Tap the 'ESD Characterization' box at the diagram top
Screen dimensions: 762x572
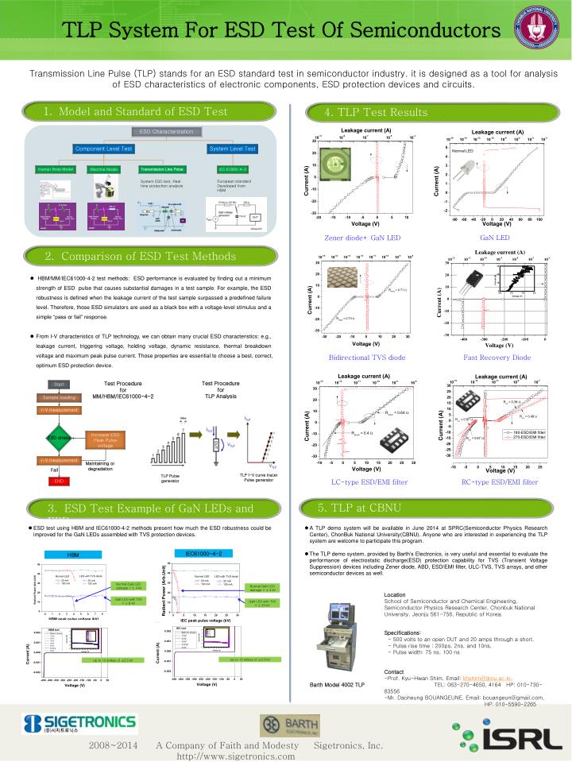coord(166,131)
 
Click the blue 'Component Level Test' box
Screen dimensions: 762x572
coord(104,149)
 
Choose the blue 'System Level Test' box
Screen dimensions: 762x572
coord(232,149)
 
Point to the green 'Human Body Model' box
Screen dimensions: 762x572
coord(56,169)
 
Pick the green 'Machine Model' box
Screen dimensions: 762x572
coord(104,169)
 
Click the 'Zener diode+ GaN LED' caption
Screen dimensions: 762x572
coord(361,238)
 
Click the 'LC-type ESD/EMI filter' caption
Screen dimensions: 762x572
coord(369,482)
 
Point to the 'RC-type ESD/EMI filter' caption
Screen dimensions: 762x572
coord(500,482)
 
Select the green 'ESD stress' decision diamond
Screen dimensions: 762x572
coord(60,437)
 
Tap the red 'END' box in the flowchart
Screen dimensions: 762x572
coord(59,481)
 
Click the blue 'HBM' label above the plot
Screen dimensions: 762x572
coord(73,555)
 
